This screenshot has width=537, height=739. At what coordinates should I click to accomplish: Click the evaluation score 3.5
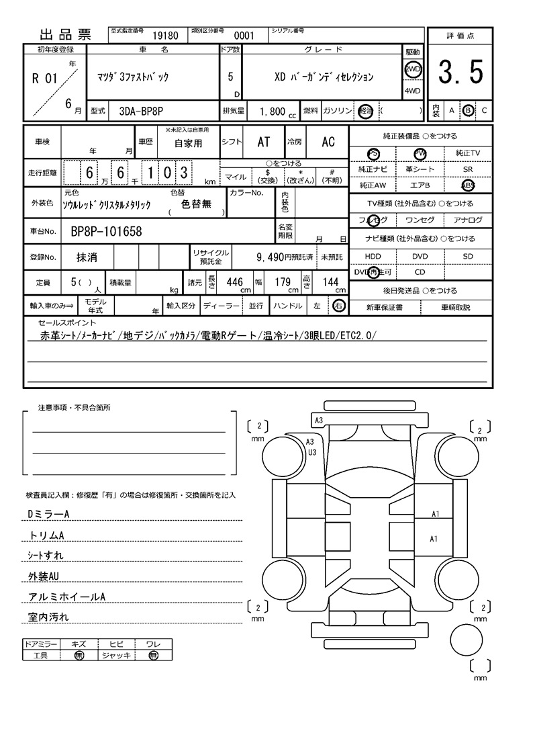point(460,73)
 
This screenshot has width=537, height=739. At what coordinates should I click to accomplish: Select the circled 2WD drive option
point(412,70)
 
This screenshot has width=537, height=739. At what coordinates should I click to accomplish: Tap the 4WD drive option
point(412,91)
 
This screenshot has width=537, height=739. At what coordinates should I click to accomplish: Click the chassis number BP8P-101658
point(106,232)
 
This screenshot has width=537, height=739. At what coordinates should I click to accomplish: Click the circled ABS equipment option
point(467,185)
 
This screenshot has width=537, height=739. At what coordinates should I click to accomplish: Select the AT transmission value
point(264,142)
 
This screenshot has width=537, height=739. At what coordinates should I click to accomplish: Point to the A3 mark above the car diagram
point(320,420)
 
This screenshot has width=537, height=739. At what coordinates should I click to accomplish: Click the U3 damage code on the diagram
point(312,452)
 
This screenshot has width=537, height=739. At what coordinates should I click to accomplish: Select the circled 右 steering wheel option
point(339,306)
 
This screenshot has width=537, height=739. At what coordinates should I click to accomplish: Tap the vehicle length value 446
point(234,282)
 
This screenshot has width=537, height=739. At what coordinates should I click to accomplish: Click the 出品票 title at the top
point(66,35)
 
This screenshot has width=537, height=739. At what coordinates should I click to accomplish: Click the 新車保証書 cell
point(385,307)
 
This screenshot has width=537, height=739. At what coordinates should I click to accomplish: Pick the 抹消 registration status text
point(86,257)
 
